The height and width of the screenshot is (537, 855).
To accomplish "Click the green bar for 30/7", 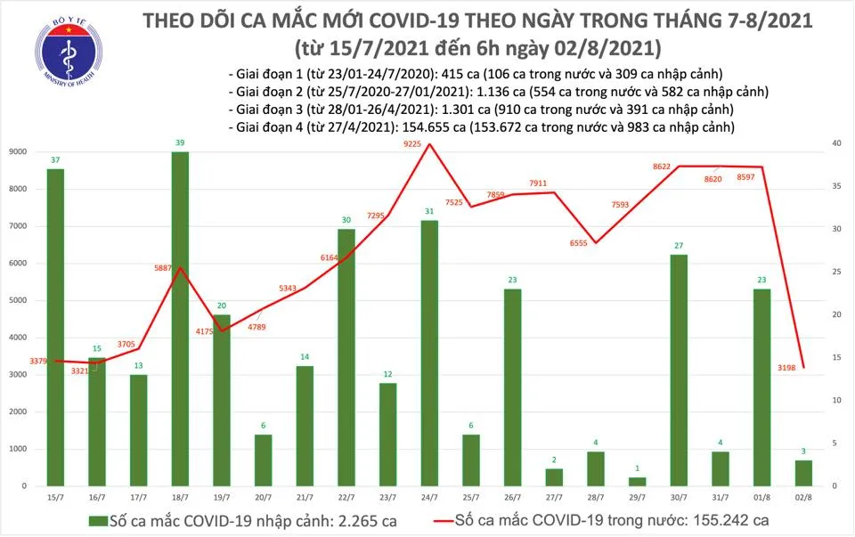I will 678,370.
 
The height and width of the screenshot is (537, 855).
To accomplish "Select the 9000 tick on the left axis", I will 17,151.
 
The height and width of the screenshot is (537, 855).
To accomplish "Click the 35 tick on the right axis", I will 836,186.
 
